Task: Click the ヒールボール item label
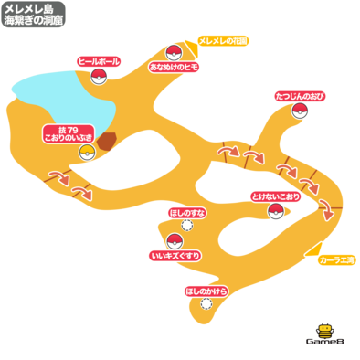99,62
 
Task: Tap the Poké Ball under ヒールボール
99,76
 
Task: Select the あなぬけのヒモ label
174,67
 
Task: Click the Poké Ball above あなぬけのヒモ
174,52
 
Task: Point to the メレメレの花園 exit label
223,41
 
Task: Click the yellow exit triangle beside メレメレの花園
193,48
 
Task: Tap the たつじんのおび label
300,97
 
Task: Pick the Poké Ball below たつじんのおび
300,111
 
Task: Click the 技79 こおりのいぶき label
69,134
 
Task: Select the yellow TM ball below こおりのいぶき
87,153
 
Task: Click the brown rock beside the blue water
107,142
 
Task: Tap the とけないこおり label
276,196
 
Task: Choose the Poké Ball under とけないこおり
276,211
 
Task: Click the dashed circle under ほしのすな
187,226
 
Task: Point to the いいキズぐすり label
175,256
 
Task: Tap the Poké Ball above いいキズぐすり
175,242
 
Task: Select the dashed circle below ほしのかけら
206,303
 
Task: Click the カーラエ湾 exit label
337,260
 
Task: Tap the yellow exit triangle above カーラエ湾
315,250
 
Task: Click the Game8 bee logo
325,334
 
